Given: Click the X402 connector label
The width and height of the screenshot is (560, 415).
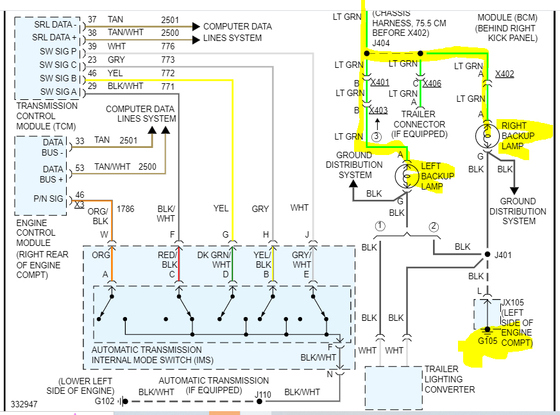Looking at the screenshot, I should pos(504,74).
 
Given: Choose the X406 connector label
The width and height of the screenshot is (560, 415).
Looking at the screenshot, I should pos(432,83).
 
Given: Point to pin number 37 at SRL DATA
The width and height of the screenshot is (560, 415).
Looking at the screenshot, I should pos(92,20).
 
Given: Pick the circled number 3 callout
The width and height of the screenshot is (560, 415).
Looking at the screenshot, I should pos(377,136).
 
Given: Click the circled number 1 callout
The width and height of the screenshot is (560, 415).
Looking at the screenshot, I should pos(380,225).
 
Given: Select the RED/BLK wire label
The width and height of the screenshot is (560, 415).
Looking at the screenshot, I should pos(169,260).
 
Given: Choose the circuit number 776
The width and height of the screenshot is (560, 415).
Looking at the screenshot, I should pos(168,46).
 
